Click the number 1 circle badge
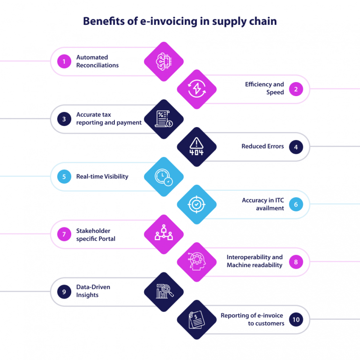[64, 61]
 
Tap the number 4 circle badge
[296, 147]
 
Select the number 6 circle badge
[296, 204]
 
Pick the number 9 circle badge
[64, 292]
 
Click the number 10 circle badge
[296, 320]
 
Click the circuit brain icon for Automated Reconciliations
[163, 61]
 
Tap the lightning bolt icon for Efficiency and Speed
[196, 90]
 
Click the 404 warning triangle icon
[196, 147]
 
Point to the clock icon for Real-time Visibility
[163, 177]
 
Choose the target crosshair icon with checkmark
[196, 204]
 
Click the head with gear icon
[196, 262]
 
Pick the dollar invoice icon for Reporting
[196, 320]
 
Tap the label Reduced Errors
[262, 147]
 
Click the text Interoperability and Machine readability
[255, 262]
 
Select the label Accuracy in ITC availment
[262, 204]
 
